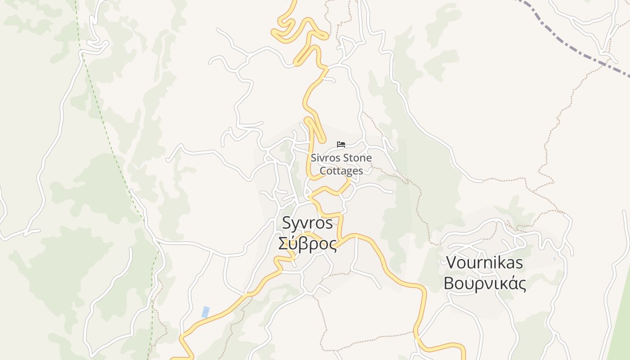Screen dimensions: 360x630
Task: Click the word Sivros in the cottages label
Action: pos(325,158)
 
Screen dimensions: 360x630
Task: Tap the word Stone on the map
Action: pos(357,158)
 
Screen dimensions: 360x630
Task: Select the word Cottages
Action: pos(341,171)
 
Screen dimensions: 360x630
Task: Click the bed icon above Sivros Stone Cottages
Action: pos(341,144)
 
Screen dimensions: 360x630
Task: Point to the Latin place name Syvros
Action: pos(307,223)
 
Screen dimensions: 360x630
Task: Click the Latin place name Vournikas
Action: pos(484,262)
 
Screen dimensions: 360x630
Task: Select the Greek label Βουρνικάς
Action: pos(485,283)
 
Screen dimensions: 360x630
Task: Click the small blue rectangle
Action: pos(206,312)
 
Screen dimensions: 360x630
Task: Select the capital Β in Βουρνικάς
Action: pos(449,283)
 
